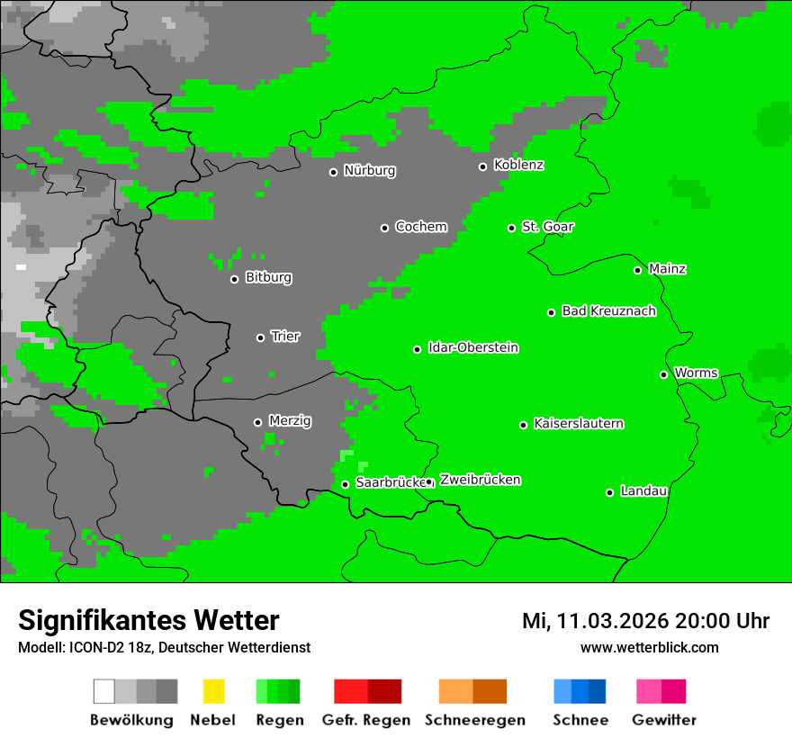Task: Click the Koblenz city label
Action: coord(518,165)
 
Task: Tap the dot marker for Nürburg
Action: coord(333,172)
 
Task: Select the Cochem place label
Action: coord(420,227)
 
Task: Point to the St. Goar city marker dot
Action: coord(511,228)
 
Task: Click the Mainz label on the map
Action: coord(667,269)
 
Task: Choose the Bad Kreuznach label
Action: coord(608,311)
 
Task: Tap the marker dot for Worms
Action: coord(663,374)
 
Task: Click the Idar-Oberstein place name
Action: coord(472,348)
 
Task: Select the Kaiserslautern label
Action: coord(578,424)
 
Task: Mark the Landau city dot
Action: coord(609,492)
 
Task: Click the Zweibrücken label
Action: coord(480,481)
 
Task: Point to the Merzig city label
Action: coord(290,421)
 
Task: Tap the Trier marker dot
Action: coord(260,337)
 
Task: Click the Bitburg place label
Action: coord(268,278)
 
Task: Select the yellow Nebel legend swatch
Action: coord(213,691)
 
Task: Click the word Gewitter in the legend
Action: coord(664,720)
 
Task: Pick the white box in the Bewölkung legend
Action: coord(104,691)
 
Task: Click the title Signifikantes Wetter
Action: coord(148,620)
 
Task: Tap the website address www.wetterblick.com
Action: coord(649,647)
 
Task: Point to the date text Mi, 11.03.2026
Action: coord(595,621)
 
